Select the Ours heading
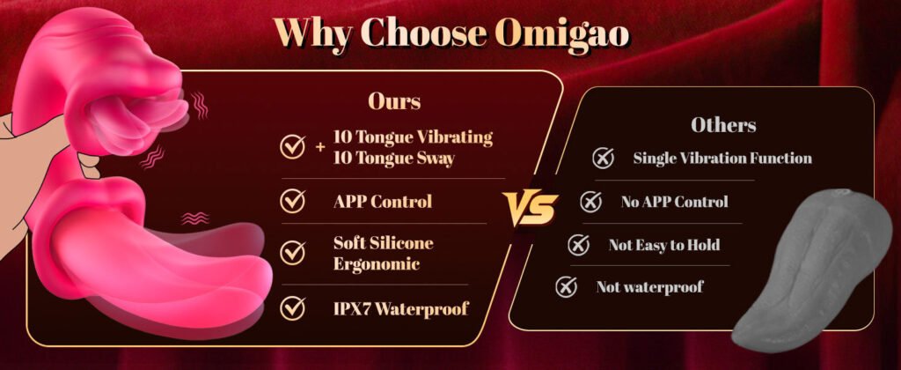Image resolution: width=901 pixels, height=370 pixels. click(x=394, y=101)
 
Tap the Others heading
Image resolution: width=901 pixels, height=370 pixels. click(x=723, y=125)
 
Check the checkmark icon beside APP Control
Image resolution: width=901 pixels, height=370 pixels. click(x=292, y=201)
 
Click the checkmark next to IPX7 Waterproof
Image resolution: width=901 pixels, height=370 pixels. click(x=292, y=307)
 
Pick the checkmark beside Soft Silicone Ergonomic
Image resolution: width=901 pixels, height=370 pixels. click(x=292, y=252)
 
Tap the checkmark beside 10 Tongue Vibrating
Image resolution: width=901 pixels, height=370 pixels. click(x=292, y=147)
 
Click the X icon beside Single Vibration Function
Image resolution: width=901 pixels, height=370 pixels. click(x=603, y=158)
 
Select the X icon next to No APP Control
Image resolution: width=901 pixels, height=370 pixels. click(x=590, y=202)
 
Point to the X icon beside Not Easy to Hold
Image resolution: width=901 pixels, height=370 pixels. click(x=578, y=245)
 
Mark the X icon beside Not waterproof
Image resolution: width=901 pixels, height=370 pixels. click(x=566, y=286)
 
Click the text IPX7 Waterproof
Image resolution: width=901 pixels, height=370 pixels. click(x=400, y=307)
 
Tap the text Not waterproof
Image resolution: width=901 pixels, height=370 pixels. click(x=649, y=286)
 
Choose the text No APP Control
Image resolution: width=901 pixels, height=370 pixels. click(x=674, y=202)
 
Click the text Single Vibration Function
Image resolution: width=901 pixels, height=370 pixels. click(x=722, y=158)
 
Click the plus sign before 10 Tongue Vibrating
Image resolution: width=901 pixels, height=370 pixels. click(x=320, y=147)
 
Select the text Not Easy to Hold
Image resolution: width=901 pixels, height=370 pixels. click(x=663, y=245)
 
